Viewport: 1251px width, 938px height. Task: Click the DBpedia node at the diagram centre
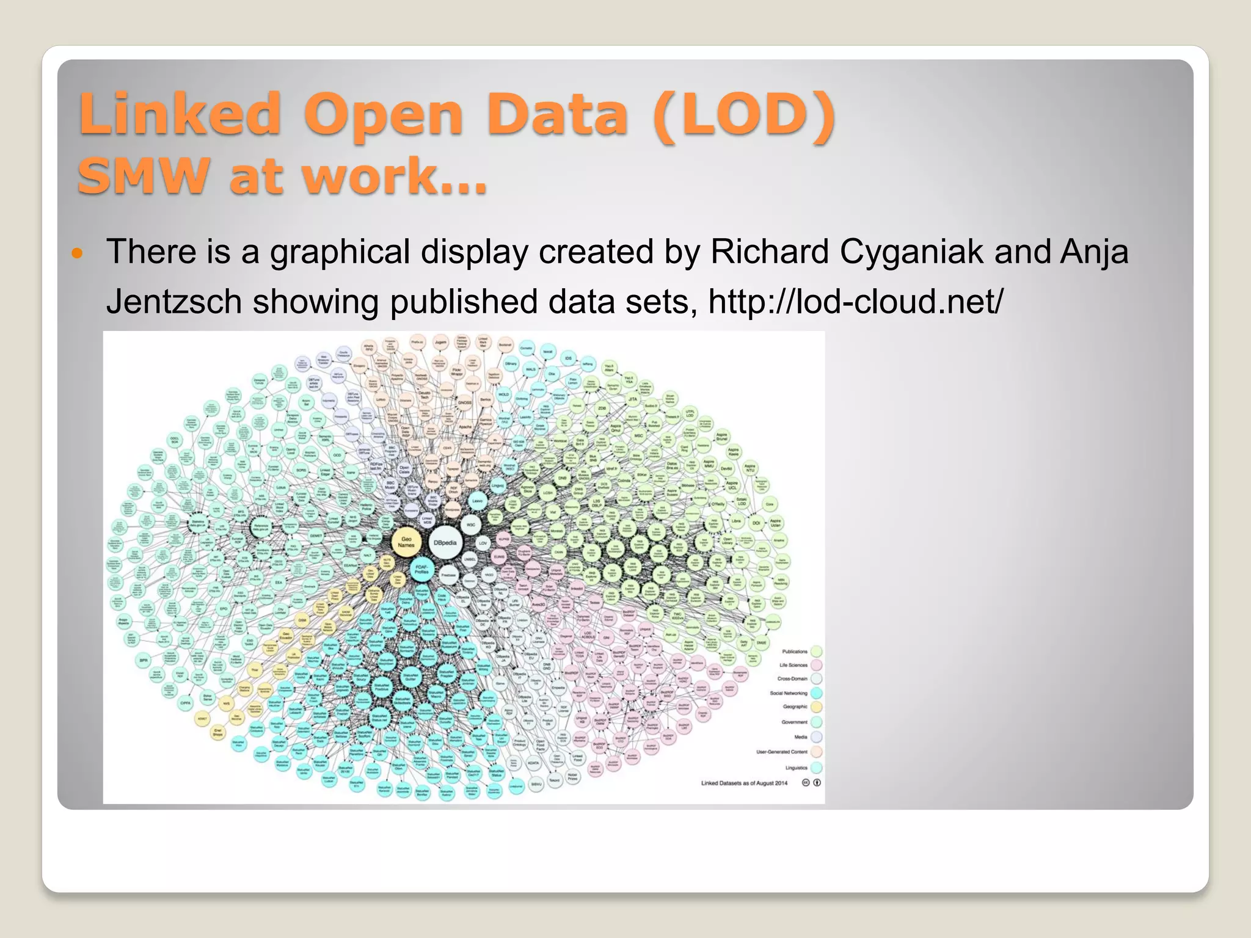pos(445,542)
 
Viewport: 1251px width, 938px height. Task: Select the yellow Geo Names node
pos(406,541)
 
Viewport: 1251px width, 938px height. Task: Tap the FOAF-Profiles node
pos(421,570)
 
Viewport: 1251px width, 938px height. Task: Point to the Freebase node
pos(448,575)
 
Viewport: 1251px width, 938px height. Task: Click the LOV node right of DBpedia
pos(483,543)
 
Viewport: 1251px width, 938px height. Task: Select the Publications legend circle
pos(816,652)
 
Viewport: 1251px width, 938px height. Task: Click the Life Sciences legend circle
pos(816,665)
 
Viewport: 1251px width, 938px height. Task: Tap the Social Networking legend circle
pos(816,693)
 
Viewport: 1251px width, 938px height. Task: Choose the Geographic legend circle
pos(816,707)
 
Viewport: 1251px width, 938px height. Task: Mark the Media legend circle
pos(816,737)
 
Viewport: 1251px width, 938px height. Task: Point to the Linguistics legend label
pos(796,768)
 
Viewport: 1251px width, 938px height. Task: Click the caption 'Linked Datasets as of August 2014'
pos(744,783)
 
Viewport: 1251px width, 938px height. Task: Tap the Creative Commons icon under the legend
pos(806,783)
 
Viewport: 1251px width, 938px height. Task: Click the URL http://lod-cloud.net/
pos(855,301)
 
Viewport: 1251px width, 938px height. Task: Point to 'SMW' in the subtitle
pos(144,176)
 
